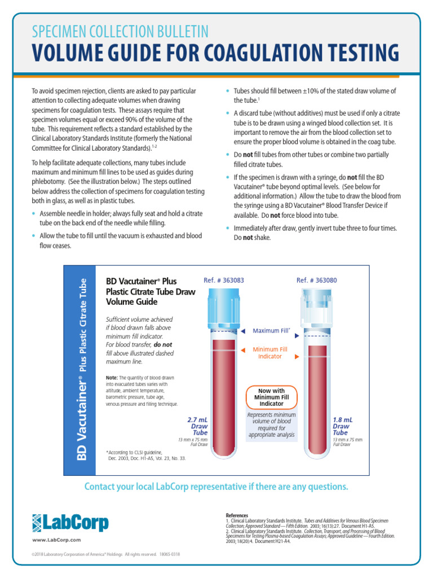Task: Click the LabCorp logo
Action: [x=70, y=523]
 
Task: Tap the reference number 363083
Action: [x=224, y=280]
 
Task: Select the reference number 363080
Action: [x=317, y=280]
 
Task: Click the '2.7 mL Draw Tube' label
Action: [x=197, y=426]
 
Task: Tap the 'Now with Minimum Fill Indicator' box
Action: [x=272, y=397]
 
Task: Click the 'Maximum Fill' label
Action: [x=271, y=331]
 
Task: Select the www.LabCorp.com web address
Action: [x=56, y=540]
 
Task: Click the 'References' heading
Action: [x=237, y=515]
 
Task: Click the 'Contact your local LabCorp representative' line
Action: [x=216, y=487]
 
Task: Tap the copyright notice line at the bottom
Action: [x=107, y=554]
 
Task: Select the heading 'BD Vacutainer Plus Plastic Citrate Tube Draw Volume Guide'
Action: [x=151, y=291]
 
